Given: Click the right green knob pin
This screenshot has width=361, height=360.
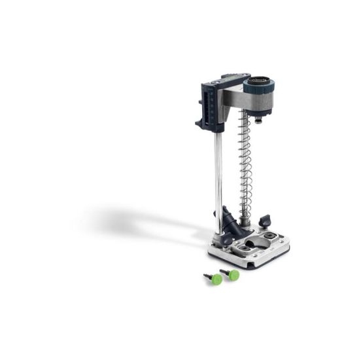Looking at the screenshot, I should click(233, 275).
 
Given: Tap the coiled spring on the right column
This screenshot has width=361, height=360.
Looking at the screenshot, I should click(245, 164).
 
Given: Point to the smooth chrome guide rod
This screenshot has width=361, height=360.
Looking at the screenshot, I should click(218, 170).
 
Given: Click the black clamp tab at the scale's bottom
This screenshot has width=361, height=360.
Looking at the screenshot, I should click(199, 124).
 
